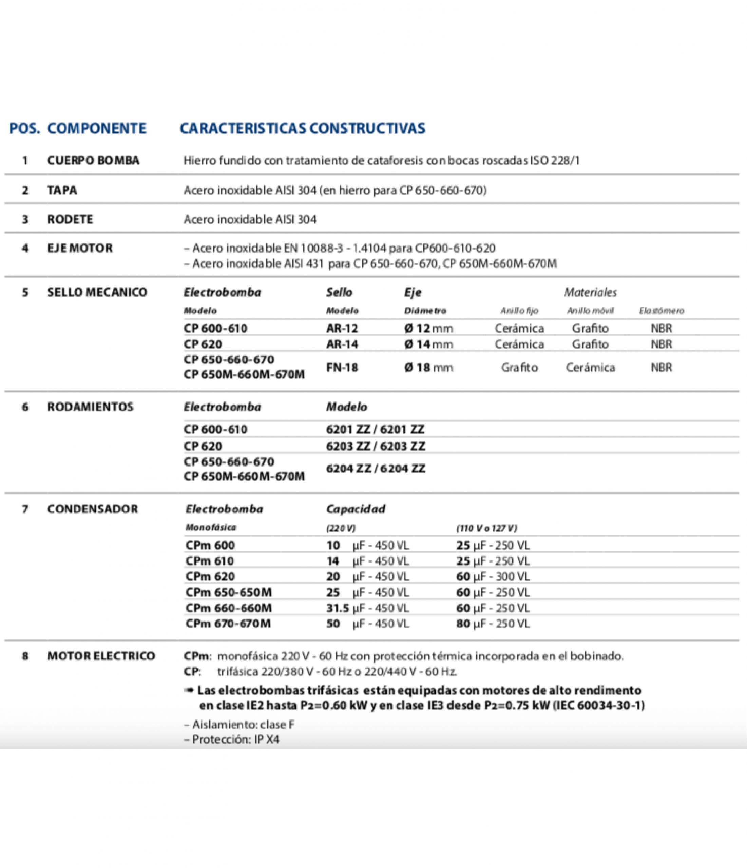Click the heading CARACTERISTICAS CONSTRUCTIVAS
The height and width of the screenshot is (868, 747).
coord(302,128)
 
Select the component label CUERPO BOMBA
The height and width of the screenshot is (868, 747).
coord(93,160)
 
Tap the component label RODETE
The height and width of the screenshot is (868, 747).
coord(70,219)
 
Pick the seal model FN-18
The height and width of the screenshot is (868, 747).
coord(342,368)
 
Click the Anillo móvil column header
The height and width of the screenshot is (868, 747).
coord(590,311)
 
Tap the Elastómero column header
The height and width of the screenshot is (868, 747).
coord(661,311)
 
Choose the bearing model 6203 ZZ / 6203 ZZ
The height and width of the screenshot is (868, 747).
coord(375,446)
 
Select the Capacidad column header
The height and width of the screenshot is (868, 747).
coord(356,509)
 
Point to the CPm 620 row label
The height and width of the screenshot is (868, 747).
coord(210,576)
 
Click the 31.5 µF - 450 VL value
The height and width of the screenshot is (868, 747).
coord(367,608)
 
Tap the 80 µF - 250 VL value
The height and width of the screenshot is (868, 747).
coord(493,624)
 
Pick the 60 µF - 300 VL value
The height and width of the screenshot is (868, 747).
coord(493,576)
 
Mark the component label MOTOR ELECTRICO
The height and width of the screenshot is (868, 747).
coord(101,656)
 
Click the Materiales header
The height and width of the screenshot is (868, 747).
coord(590,292)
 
